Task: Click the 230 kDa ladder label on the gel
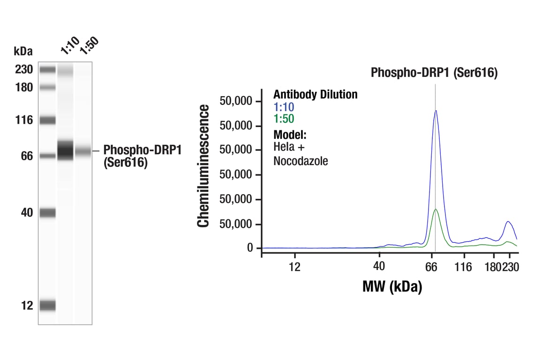pyautogui.click(x=23, y=70)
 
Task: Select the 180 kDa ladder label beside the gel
pyautogui.click(x=23, y=88)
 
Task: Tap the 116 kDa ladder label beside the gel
pyautogui.click(x=23, y=120)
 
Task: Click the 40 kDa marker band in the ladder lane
pyautogui.click(x=47, y=213)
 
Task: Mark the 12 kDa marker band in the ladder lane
pyautogui.click(x=47, y=306)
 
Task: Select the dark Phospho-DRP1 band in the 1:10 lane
pyautogui.click(x=65, y=150)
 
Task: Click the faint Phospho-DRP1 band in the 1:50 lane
pyautogui.click(x=83, y=151)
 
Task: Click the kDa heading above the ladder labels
pyautogui.click(x=23, y=51)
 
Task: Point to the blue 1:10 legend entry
pyautogui.click(x=284, y=107)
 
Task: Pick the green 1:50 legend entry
pyautogui.click(x=284, y=119)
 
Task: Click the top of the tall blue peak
pyautogui.click(x=436, y=111)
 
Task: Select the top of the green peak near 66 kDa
pyautogui.click(x=436, y=209)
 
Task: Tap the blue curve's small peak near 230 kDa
pyautogui.click(x=507, y=222)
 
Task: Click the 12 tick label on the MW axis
pyautogui.click(x=294, y=267)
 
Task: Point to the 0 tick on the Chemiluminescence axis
pyautogui.click(x=250, y=248)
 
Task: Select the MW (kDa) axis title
pyautogui.click(x=392, y=286)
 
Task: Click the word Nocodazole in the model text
pyautogui.click(x=301, y=162)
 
